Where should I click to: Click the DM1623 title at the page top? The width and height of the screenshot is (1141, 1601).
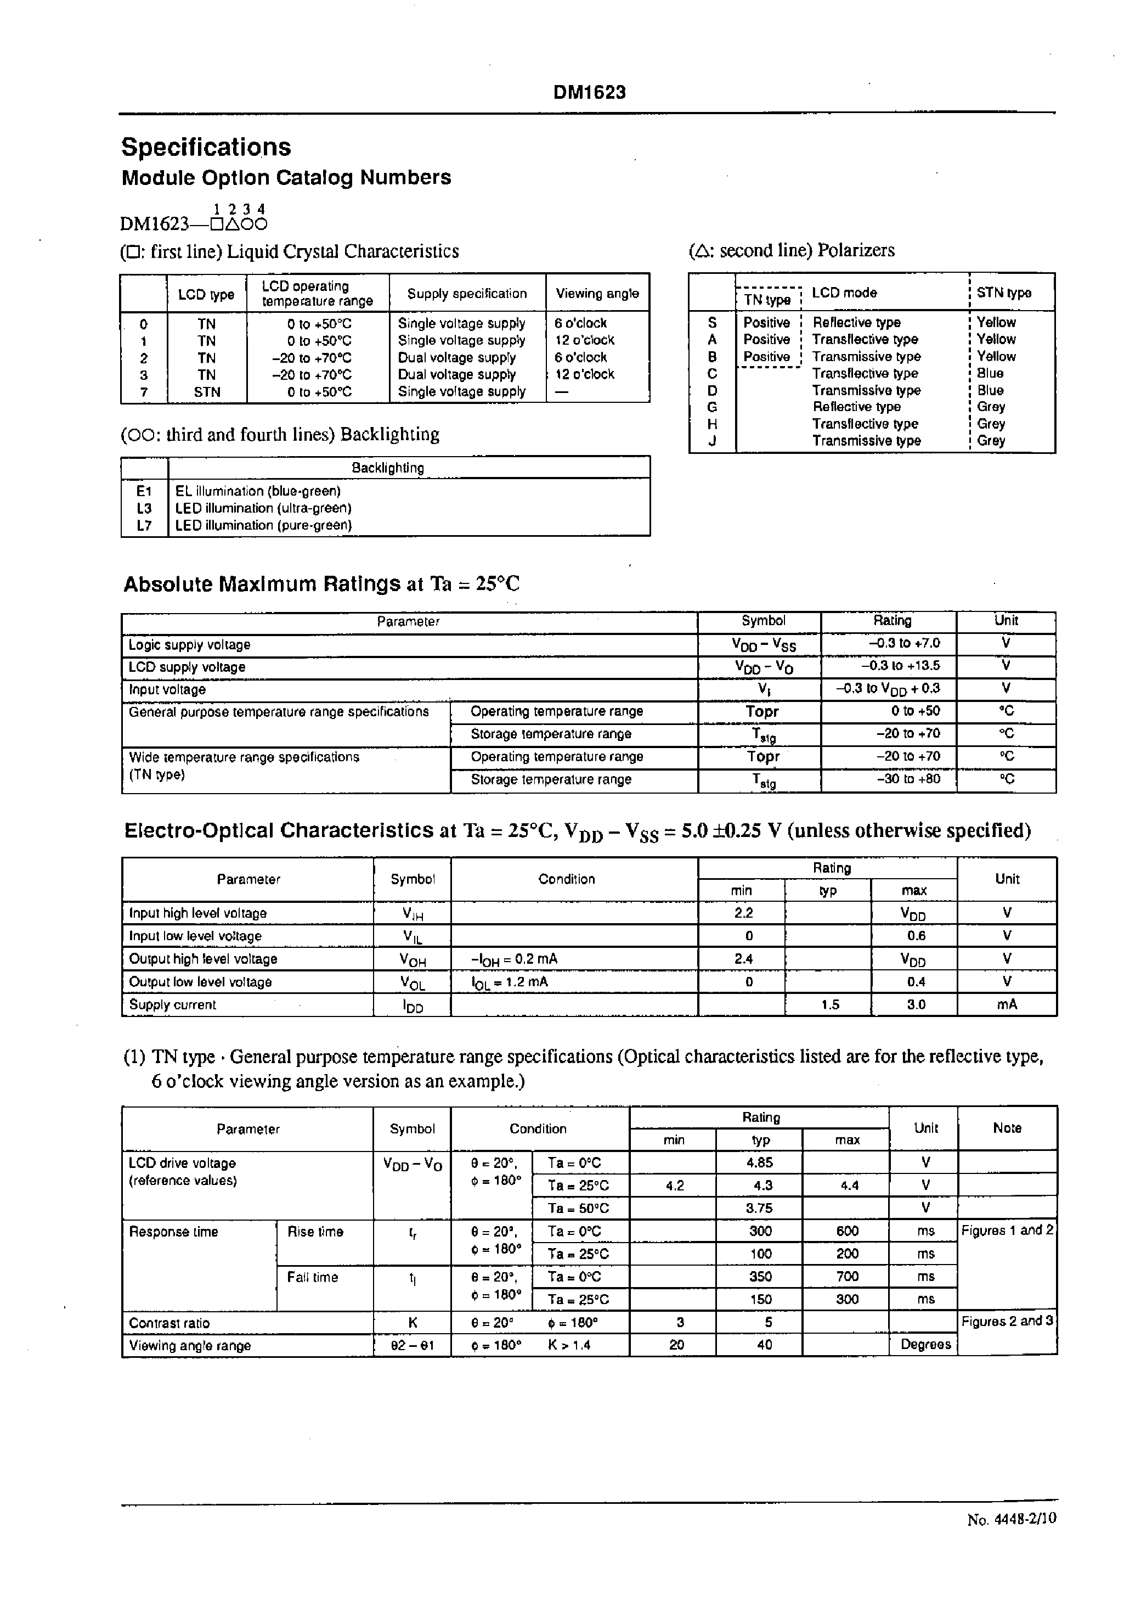click(x=589, y=93)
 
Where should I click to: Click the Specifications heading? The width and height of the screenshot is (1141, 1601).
click(x=206, y=148)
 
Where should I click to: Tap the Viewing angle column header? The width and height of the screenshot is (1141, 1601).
click(x=597, y=293)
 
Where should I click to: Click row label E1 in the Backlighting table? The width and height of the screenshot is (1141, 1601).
click(x=144, y=491)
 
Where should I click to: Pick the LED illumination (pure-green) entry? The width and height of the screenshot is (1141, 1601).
click(x=263, y=525)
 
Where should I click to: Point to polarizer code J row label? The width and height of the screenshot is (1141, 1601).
click(x=711, y=441)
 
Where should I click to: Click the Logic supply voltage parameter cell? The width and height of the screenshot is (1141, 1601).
click(x=190, y=644)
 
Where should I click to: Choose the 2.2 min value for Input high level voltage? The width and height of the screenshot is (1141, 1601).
click(x=743, y=913)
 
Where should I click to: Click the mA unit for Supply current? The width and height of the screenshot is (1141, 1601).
click(x=1006, y=1004)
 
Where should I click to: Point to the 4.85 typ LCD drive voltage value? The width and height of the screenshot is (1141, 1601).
click(x=760, y=1162)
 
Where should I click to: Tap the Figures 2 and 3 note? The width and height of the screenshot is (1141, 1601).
click(x=1007, y=1321)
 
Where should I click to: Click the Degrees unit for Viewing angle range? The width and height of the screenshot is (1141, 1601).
click(x=925, y=1345)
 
